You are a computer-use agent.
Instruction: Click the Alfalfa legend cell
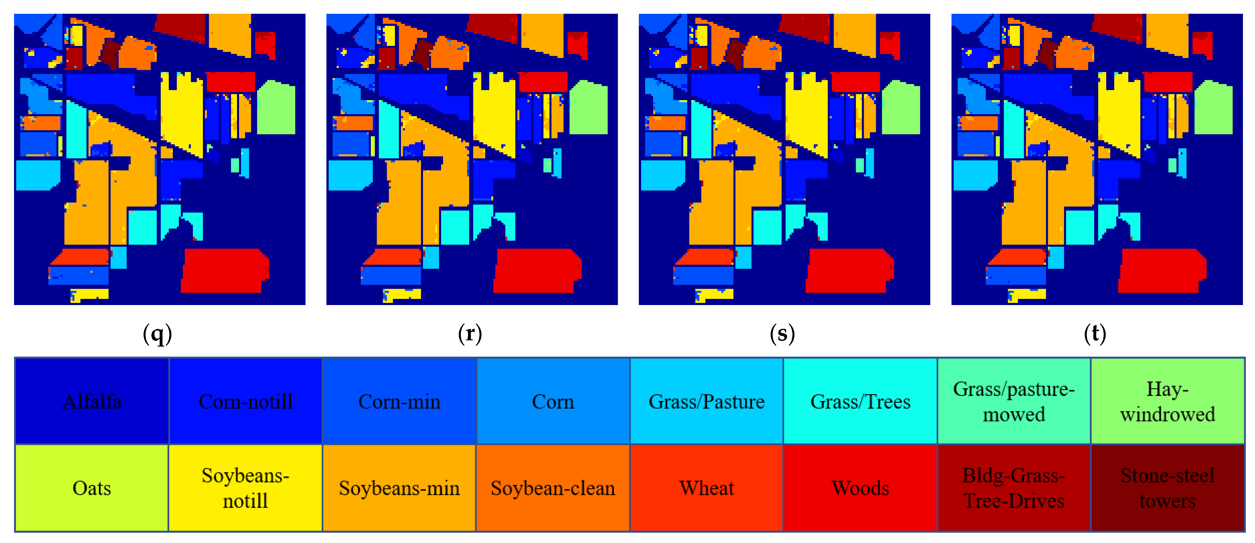tap(92, 401)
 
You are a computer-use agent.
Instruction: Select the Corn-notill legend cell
tap(246, 401)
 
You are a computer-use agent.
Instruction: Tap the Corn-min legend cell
tap(399, 401)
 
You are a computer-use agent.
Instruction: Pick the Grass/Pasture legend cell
tap(706, 401)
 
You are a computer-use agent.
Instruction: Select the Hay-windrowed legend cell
tap(1167, 401)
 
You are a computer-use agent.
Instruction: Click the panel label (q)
tap(157, 334)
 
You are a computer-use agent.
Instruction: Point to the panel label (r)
tap(470, 334)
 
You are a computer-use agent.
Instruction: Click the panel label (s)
tap(782, 334)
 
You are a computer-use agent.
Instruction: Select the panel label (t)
tap(1095, 334)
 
